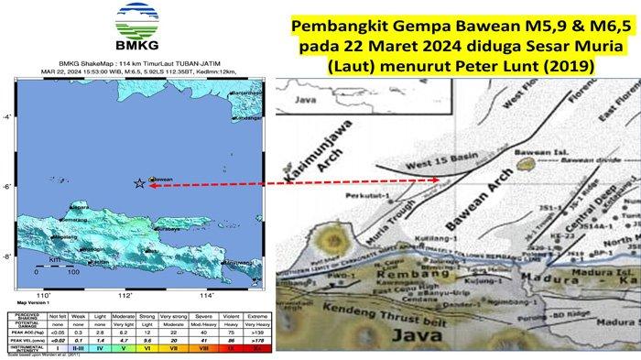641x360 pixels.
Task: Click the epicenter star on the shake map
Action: [x=138, y=184]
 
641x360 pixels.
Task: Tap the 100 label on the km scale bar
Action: [x=72, y=272]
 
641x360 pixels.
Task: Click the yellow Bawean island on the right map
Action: [x=526, y=167]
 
